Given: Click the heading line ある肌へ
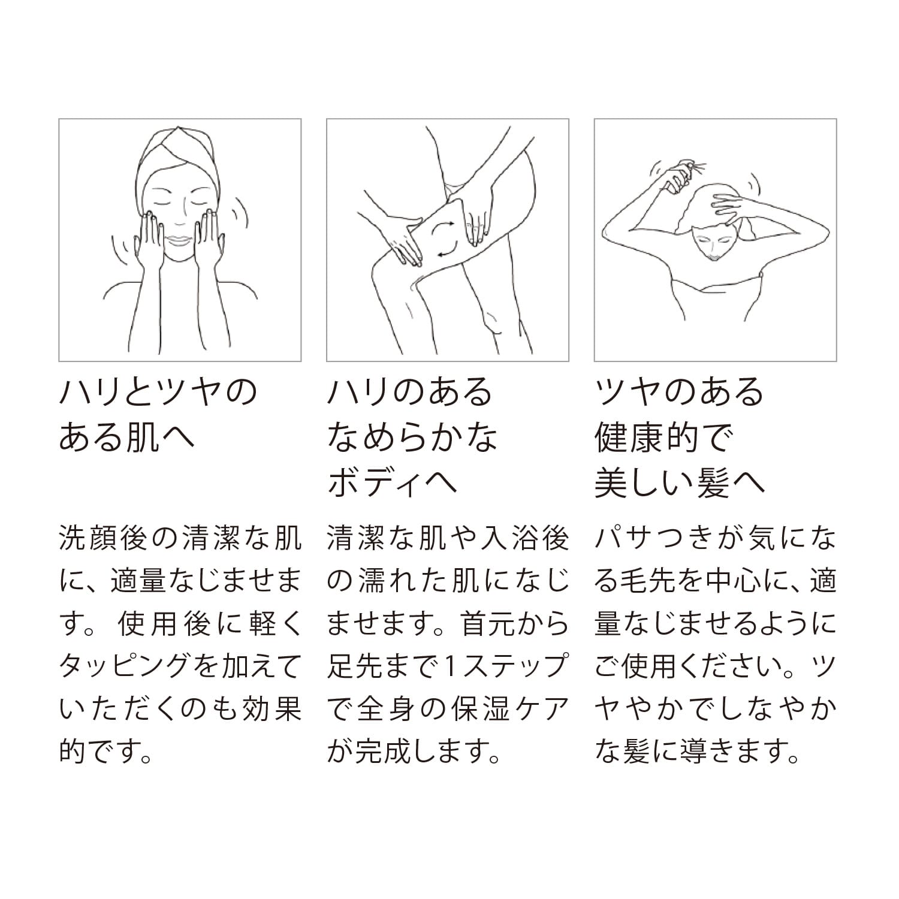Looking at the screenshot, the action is [x=127, y=438].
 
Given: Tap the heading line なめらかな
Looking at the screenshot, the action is [x=413, y=438].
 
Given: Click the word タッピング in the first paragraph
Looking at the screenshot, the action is [x=125, y=666].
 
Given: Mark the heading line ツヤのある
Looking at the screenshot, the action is [x=680, y=392].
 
